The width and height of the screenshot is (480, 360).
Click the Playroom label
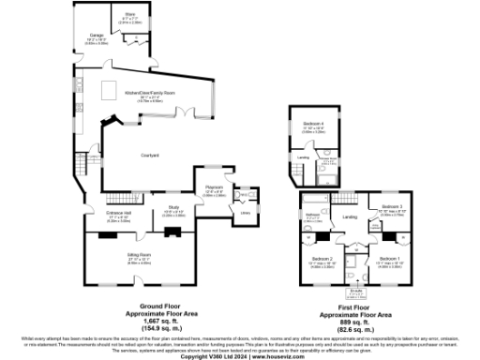(213, 187)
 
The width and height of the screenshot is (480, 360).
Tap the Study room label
(173, 207)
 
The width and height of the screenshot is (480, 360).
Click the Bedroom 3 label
(392, 206)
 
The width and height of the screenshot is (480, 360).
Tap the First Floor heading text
(355, 305)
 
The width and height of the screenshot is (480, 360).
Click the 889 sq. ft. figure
(355, 318)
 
